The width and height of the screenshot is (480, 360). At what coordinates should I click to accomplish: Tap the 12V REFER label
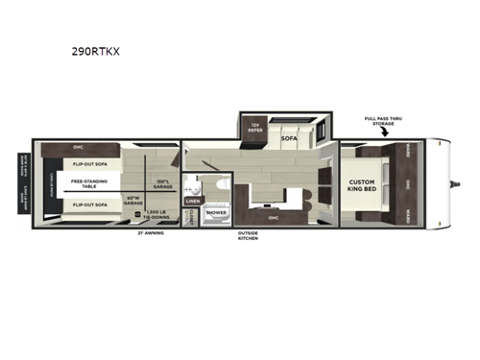[x=255, y=126]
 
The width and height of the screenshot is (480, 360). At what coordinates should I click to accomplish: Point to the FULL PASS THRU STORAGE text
[x=383, y=122]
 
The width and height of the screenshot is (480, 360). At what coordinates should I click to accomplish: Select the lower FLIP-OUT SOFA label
[x=88, y=204]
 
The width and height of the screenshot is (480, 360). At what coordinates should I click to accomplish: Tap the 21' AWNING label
[x=151, y=233]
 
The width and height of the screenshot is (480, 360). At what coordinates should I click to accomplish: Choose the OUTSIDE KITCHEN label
[x=249, y=235]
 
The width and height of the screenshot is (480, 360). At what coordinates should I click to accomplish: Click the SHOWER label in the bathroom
[x=217, y=212]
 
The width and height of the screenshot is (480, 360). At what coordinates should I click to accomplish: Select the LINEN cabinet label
[x=192, y=201]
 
